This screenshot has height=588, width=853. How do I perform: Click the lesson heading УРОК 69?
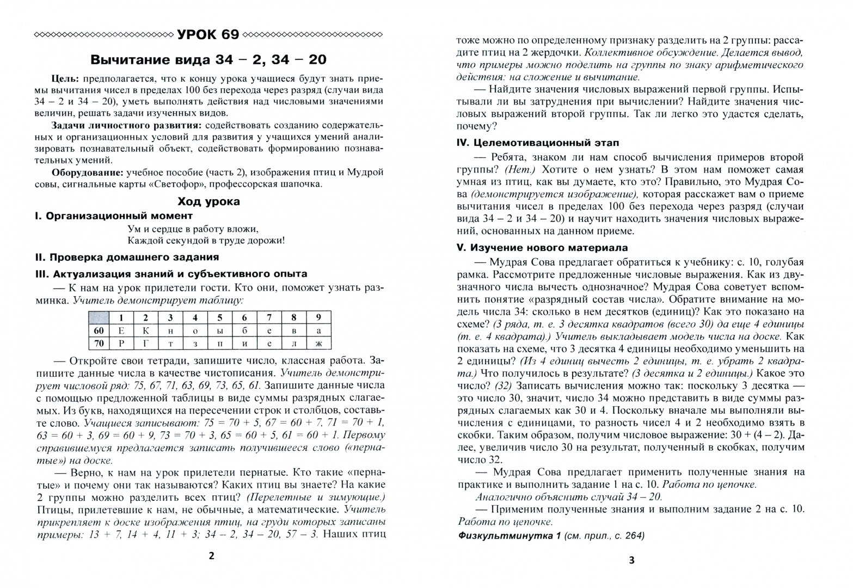[x=208, y=34]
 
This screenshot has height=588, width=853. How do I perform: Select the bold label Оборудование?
[x=87, y=172]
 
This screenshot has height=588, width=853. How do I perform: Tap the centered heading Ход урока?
[x=208, y=201]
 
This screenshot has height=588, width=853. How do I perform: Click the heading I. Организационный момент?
[x=113, y=216]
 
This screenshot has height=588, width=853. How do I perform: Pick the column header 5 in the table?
[x=220, y=317]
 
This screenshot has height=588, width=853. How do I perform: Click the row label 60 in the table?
[x=99, y=330]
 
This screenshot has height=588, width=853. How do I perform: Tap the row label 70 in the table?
[x=99, y=344]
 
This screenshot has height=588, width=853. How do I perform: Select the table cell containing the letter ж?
[x=318, y=344]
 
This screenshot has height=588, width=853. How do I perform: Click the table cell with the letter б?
[x=244, y=330]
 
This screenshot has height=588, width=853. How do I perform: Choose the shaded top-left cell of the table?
[x=99, y=317]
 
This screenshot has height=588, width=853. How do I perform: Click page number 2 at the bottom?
[x=212, y=555]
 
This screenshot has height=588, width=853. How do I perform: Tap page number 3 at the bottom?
[x=631, y=560]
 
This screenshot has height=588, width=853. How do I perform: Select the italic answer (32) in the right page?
[x=504, y=386]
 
